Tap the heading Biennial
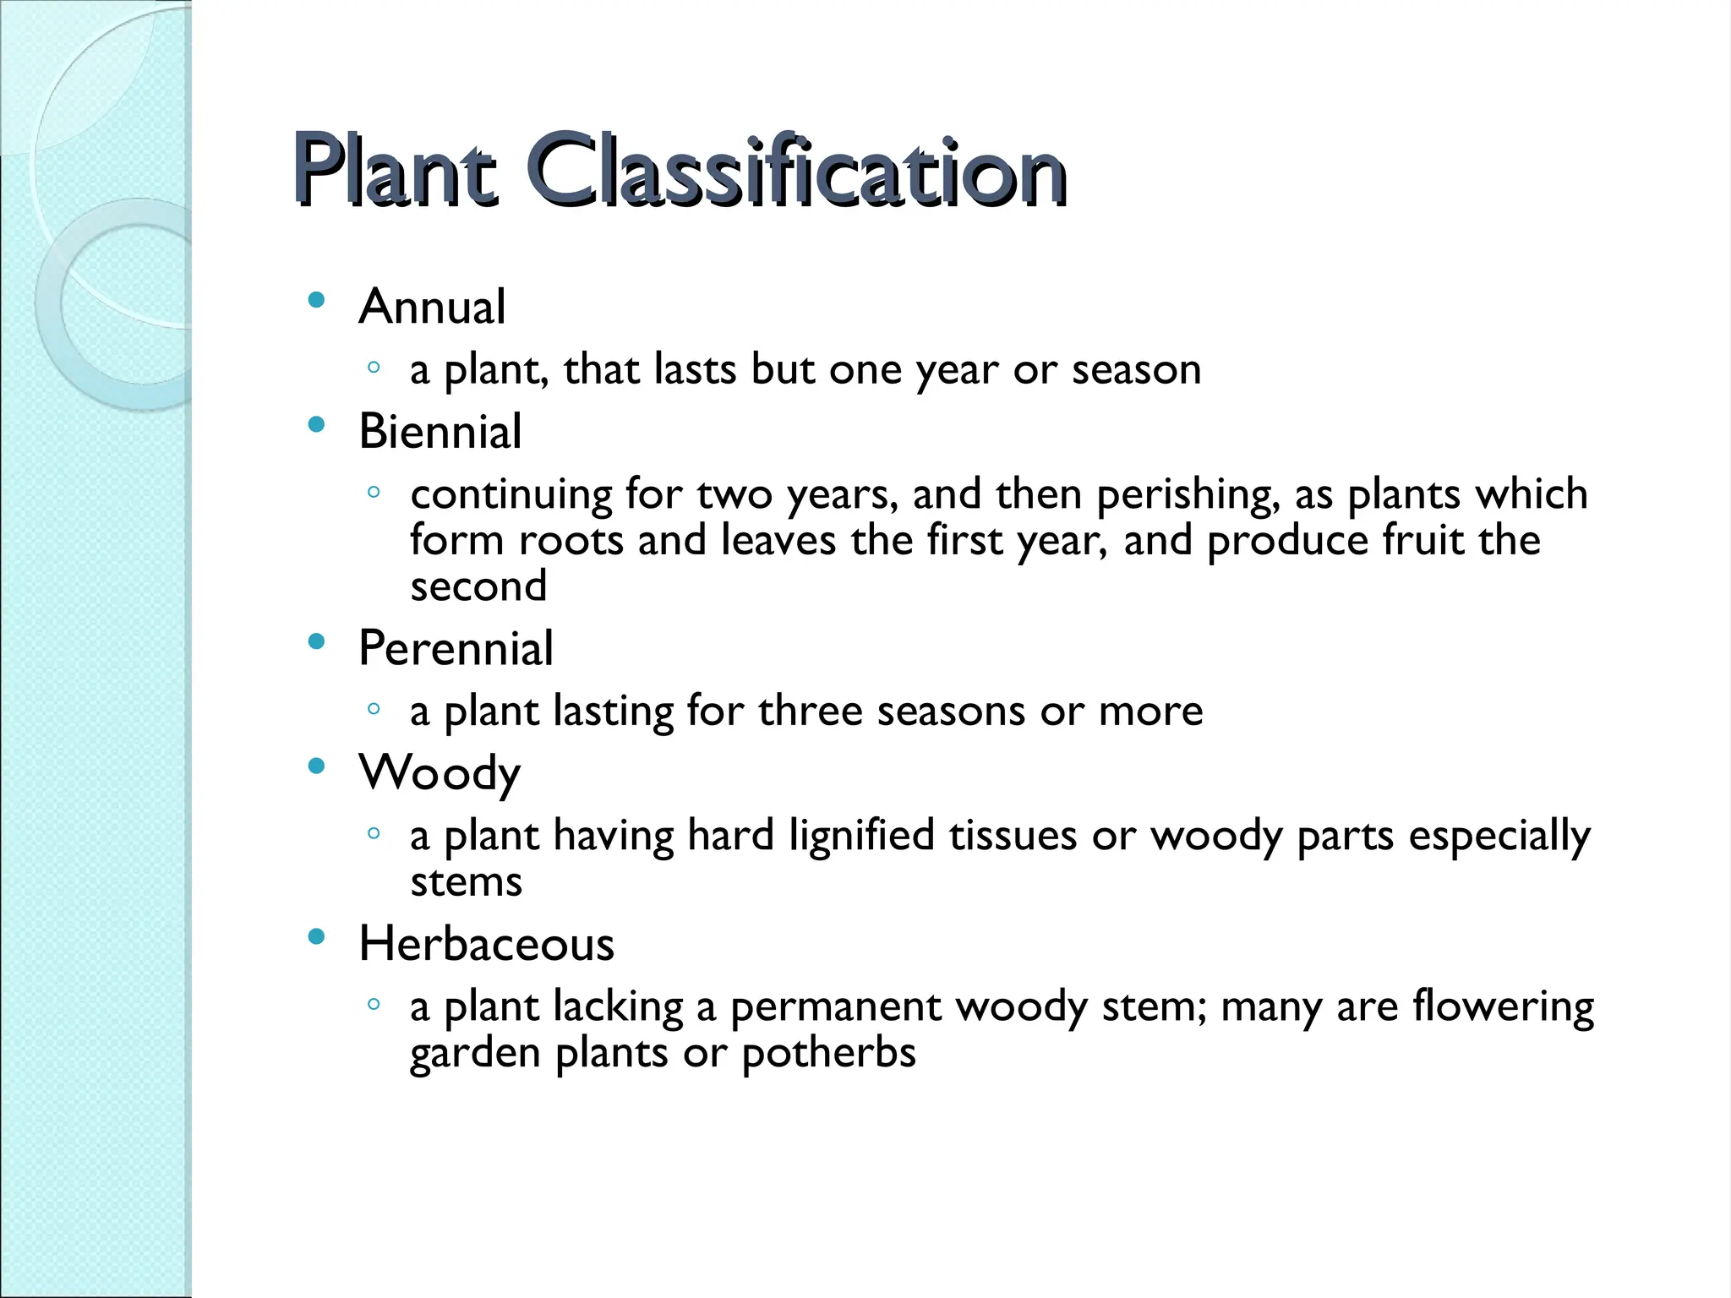[x=440, y=431]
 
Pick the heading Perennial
[x=456, y=648]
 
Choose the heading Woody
[x=440, y=773]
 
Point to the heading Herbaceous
[x=486, y=944]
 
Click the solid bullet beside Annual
[x=317, y=300]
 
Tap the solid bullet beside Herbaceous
[x=317, y=936]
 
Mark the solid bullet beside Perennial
[x=317, y=642]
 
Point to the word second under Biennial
[x=478, y=586]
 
